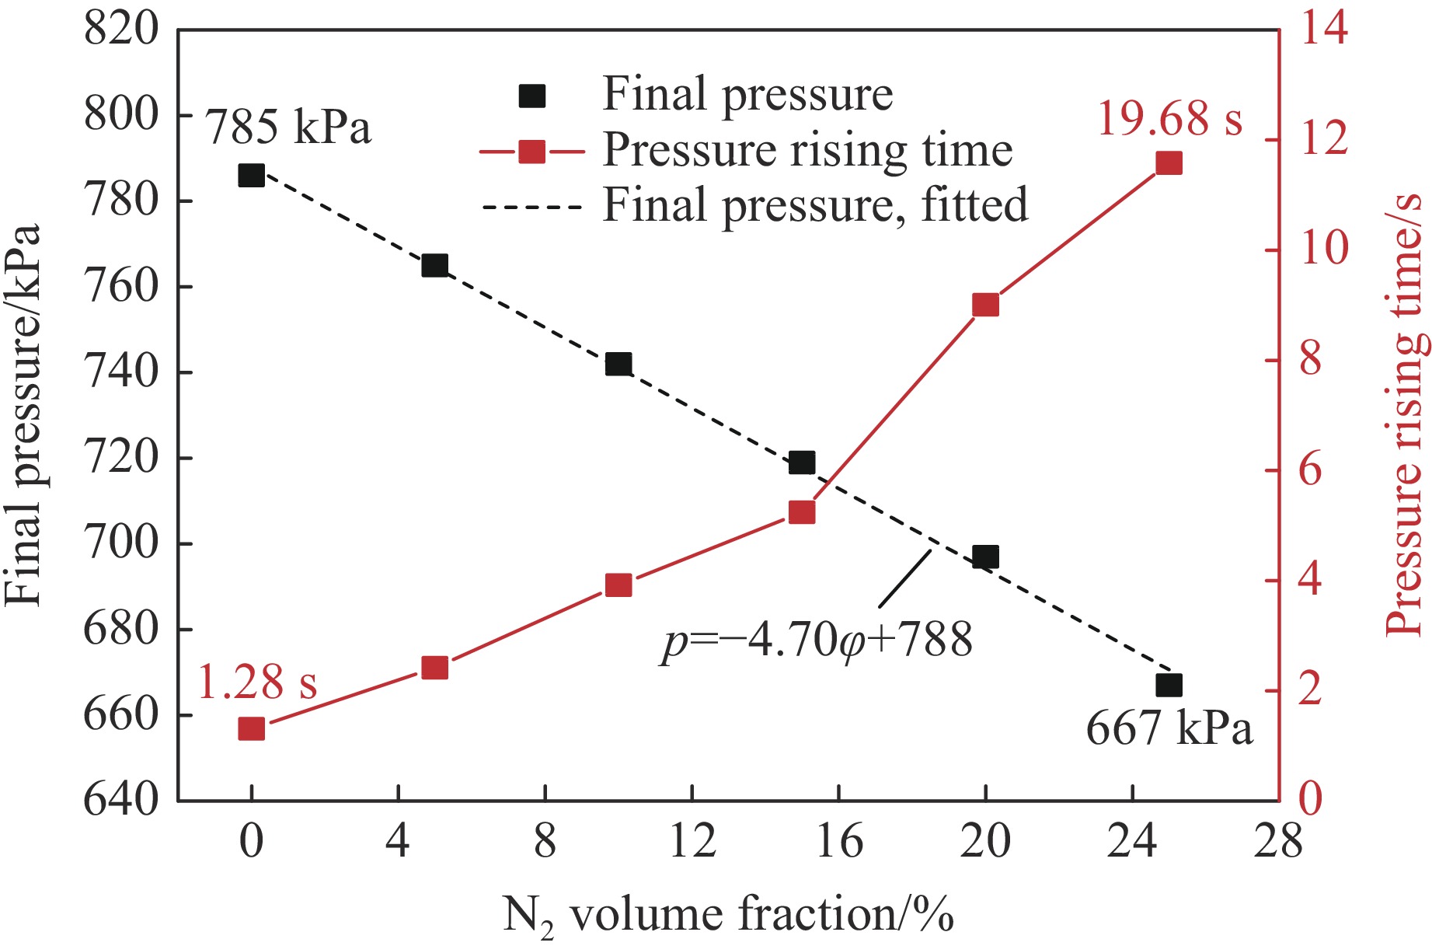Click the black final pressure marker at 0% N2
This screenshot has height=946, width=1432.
251,175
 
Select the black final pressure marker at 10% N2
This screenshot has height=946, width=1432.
618,364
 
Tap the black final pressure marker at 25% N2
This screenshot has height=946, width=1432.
1169,685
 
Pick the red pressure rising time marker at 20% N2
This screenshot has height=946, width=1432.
985,305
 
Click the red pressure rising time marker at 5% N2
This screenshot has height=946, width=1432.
434,668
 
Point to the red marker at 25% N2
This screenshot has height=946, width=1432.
1169,163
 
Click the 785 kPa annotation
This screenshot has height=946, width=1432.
288,126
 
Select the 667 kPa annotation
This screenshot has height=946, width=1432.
1169,729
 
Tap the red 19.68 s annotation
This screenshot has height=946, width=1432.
1169,119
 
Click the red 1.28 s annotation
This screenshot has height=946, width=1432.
257,682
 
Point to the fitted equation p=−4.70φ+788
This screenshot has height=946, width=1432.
817,641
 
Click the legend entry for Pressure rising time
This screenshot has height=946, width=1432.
807,150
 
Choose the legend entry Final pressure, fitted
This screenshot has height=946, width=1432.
815,205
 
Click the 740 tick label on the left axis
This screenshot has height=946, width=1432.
120,372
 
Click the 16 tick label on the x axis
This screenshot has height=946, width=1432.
839,842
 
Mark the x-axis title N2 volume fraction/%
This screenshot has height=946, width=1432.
728,915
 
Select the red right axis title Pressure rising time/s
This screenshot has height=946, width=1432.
1405,415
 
